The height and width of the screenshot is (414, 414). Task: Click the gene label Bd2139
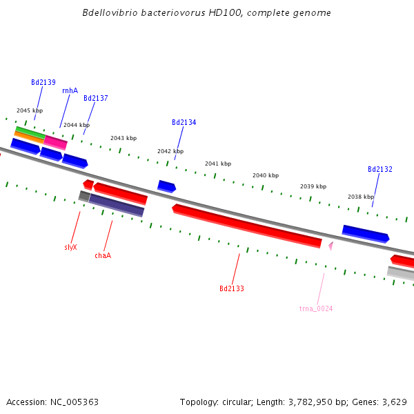(43, 82)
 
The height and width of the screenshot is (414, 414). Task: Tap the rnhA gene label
(70, 90)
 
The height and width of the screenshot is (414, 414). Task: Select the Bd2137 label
(96, 98)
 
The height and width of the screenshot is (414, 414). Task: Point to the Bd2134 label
(184, 122)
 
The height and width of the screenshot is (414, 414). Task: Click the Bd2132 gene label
(380, 169)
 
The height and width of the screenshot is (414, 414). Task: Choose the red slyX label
(70, 247)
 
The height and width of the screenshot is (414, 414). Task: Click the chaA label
(103, 255)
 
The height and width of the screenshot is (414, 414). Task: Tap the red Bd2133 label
(232, 288)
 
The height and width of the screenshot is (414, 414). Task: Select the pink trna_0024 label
(316, 308)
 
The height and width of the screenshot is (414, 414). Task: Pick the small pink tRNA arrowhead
(331, 245)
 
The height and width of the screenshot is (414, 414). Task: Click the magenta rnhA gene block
(56, 142)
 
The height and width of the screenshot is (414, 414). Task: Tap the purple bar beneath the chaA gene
(116, 205)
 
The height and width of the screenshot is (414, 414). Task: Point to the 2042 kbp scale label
(170, 151)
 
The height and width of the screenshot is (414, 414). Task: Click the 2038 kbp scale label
(361, 197)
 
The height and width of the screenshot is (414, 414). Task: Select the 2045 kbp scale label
(30, 110)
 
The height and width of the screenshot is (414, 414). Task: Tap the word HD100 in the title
(208, 13)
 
